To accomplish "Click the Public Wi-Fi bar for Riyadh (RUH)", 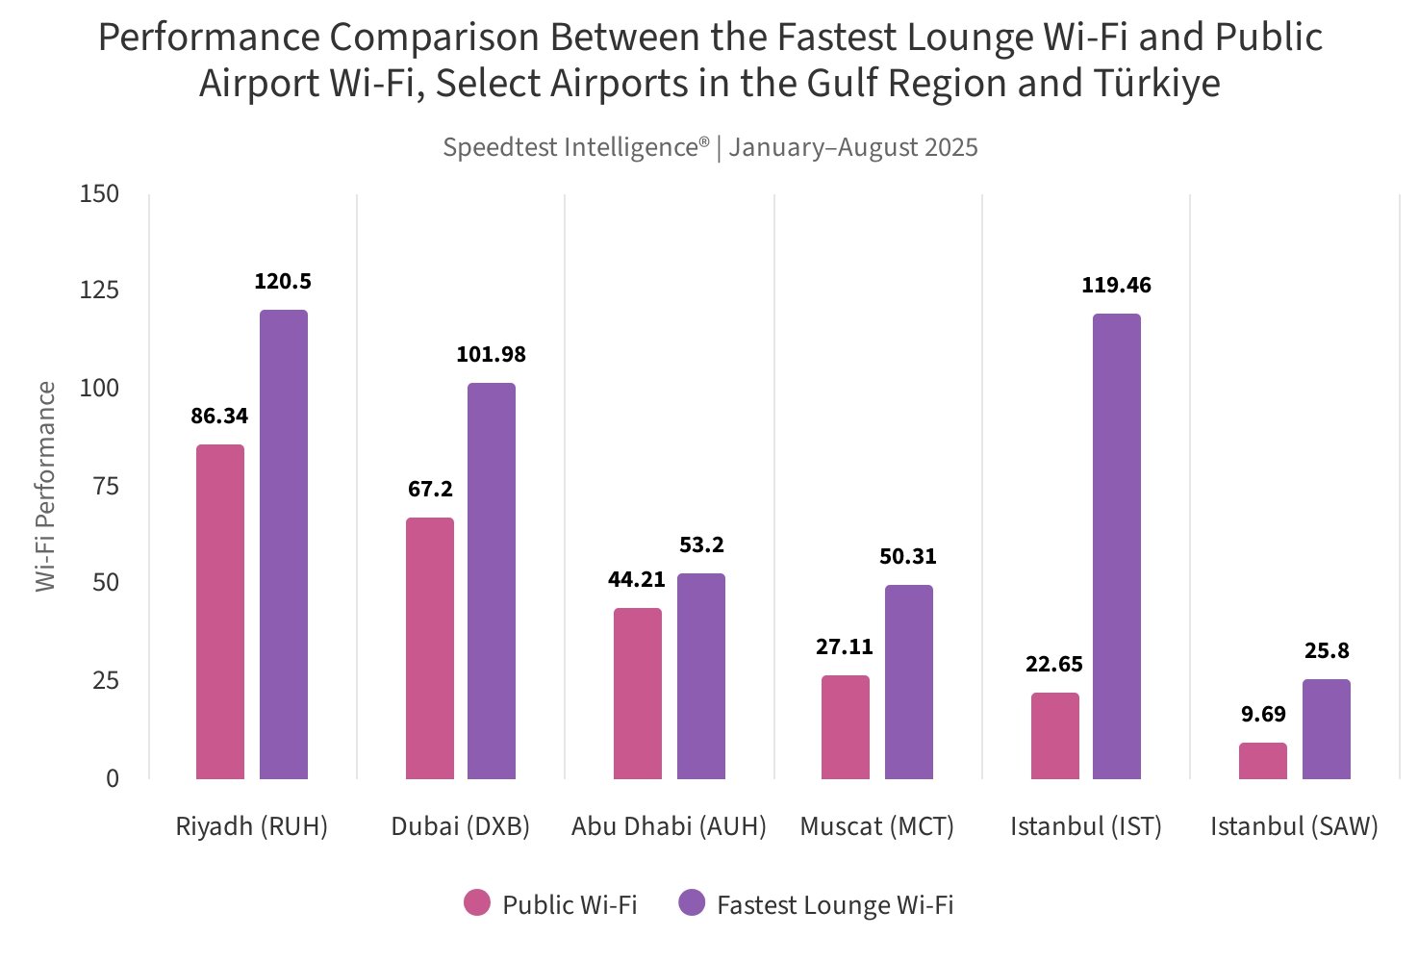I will (220, 612).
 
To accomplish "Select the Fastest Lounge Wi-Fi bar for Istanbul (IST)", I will (1117, 546).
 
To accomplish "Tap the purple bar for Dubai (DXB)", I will (492, 581).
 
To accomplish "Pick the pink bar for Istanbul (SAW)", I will (1262, 761).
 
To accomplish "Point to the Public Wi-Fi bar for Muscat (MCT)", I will (846, 727).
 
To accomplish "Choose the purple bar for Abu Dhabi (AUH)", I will (701, 676).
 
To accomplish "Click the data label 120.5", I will (283, 282).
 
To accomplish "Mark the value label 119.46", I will (1116, 286).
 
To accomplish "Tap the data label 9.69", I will (1262, 715).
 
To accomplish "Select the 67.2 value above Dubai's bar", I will (430, 490).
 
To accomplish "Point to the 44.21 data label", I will (636, 580).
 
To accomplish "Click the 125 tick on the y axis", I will (100, 291).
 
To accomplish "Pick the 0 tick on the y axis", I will (113, 778).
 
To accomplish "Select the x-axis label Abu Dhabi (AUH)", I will (669, 827).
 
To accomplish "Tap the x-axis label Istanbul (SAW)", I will (1294, 827).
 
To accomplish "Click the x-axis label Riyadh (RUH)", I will (252, 827).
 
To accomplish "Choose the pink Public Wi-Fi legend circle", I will (477, 903).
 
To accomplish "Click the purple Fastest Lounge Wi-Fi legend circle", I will (692, 903).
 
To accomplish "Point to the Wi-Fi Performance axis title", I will (45, 487).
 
